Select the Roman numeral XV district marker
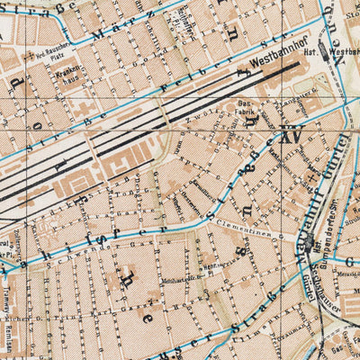click(290, 138)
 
